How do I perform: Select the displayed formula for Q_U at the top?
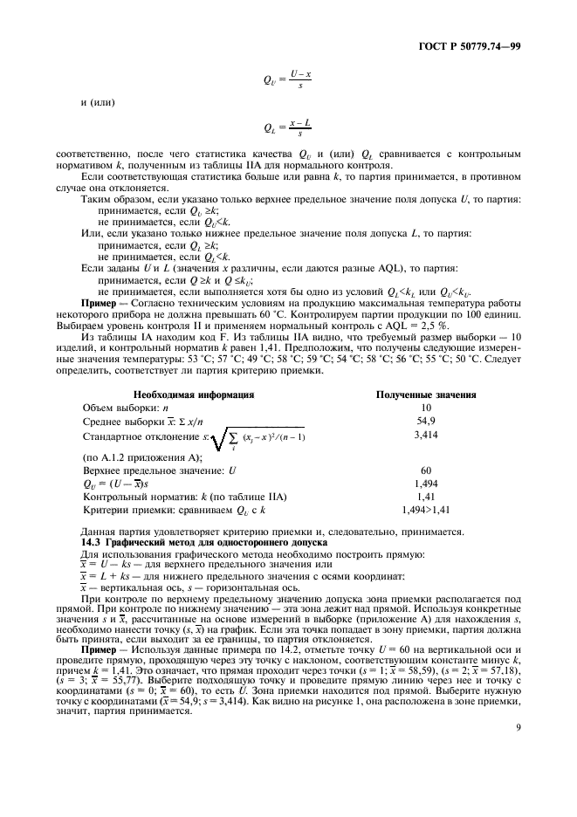288,81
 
